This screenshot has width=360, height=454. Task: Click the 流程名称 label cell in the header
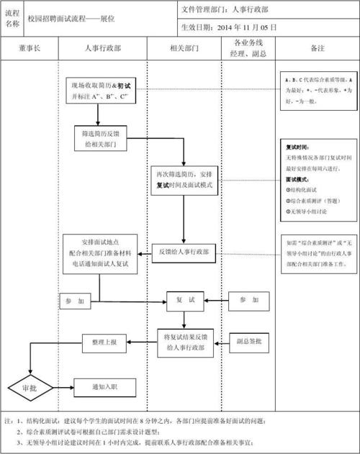pyautogui.click(x=12, y=17)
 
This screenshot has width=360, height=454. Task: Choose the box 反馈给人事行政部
pyautogui.click(x=184, y=252)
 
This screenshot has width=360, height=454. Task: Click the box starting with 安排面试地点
pyautogui.click(x=99, y=253)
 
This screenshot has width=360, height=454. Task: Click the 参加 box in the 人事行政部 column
pyautogui.click(x=74, y=300)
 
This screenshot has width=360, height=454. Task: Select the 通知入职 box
pyautogui.click(x=104, y=387)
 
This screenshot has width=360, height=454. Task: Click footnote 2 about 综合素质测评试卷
pyautogui.click(x=144, y=431)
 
